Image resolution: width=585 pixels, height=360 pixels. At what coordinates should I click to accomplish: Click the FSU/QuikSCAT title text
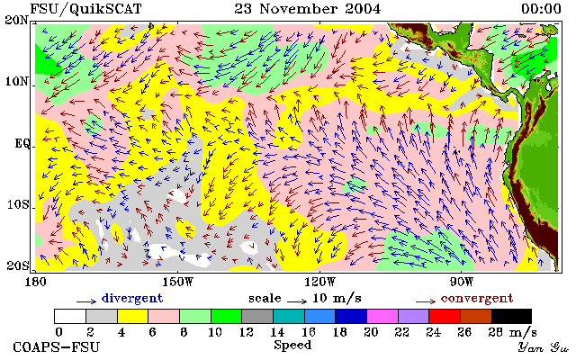pyautogui.click(x=85, y=9)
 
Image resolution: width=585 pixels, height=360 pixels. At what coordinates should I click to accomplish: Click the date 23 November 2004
pyautogui.click(x=308, y=9)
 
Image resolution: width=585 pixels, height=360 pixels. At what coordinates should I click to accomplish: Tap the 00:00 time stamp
pyautogui.click(x=541, y=9)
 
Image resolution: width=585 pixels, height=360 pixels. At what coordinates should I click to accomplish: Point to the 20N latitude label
pyautogui.click(x=17, y=20)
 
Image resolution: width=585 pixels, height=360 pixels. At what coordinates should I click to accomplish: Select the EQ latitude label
pyautogui.click(x=22, y=144)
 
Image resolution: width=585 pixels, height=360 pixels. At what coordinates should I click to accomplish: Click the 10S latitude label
pyautogui.click(x=17, y=205)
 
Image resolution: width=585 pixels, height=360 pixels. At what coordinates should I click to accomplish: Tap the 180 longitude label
pyautogui.click(x=35, y=282)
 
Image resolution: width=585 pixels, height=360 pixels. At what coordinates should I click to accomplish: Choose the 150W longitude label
pyautogui.click(x=178, y=282)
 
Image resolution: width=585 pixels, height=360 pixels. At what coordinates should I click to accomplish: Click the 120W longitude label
pyautogui.click(x=319, y=282)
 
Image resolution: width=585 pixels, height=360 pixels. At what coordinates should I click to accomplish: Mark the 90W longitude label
pyautogui.click(x=462, y=282)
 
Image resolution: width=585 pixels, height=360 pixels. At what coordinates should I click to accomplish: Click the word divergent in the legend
pyautogui.click(x=132, y=299)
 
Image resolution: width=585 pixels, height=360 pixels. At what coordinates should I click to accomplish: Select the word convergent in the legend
pyautogui.click(x=477, y=299)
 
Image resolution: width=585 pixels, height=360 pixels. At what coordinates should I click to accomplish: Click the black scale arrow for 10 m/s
pyautogui.click(x=297, y=301)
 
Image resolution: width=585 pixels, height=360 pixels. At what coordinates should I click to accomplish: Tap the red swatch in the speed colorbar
pyautogui.click(x=445, y=316)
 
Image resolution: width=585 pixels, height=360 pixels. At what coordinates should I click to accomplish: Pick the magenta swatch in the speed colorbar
pyautogui.click(x=382, y=316)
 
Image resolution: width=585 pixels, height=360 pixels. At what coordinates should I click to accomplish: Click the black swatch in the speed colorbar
pyautogui.click(x=511, y=316)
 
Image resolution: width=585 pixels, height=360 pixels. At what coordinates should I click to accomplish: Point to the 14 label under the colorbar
pyautogui.click(x=277, y=331)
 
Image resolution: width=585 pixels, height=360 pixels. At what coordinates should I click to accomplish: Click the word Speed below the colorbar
pyautogui.click(x=292, y=345)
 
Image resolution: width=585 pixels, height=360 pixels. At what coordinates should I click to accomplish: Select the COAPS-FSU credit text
pyautogui.click(x=57, y=347)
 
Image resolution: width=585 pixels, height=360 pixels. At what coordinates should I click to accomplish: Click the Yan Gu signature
pyautogui.click(x=544, y=347)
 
